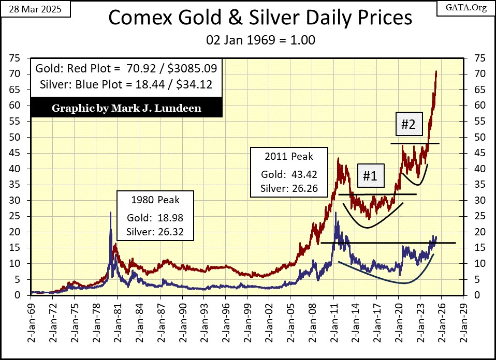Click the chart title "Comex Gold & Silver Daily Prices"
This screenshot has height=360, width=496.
click(x=260, y=19)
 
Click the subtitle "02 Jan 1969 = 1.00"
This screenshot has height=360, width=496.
click(x=260, y=39)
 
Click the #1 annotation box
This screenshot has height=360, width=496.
click(x=369, y=176)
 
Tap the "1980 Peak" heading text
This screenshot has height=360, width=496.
click(x=155, y=199)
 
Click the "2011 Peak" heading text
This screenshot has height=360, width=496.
click(x=289, y=156)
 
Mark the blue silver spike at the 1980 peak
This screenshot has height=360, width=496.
click(x=110, y=213)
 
